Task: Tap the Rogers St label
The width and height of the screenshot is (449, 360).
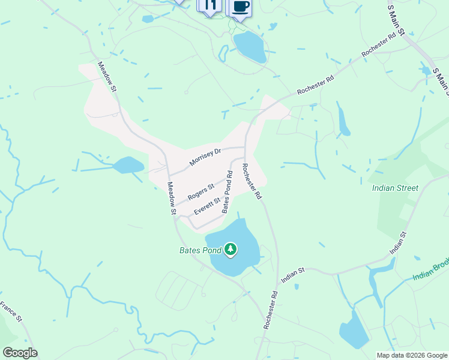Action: click(200, 192)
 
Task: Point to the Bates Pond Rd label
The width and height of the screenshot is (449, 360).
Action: click(228, 192)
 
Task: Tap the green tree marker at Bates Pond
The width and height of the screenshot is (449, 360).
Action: click(231, 248)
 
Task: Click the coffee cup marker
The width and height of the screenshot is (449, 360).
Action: click(240, 7)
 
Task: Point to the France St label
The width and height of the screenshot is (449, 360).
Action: click(11, 311)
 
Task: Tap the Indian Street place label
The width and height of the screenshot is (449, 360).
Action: click(395, 188)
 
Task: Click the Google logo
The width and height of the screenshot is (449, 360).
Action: click(19, 353)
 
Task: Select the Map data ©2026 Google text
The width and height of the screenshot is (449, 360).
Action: click(411, 355)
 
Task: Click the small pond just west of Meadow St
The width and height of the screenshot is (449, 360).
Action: click(128, 165)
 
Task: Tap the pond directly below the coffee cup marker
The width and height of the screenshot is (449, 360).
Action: click(250, 47)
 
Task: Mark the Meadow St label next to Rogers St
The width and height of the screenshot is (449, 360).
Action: click(172, 198)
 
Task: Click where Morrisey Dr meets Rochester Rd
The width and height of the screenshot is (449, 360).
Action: click(245, 147)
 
